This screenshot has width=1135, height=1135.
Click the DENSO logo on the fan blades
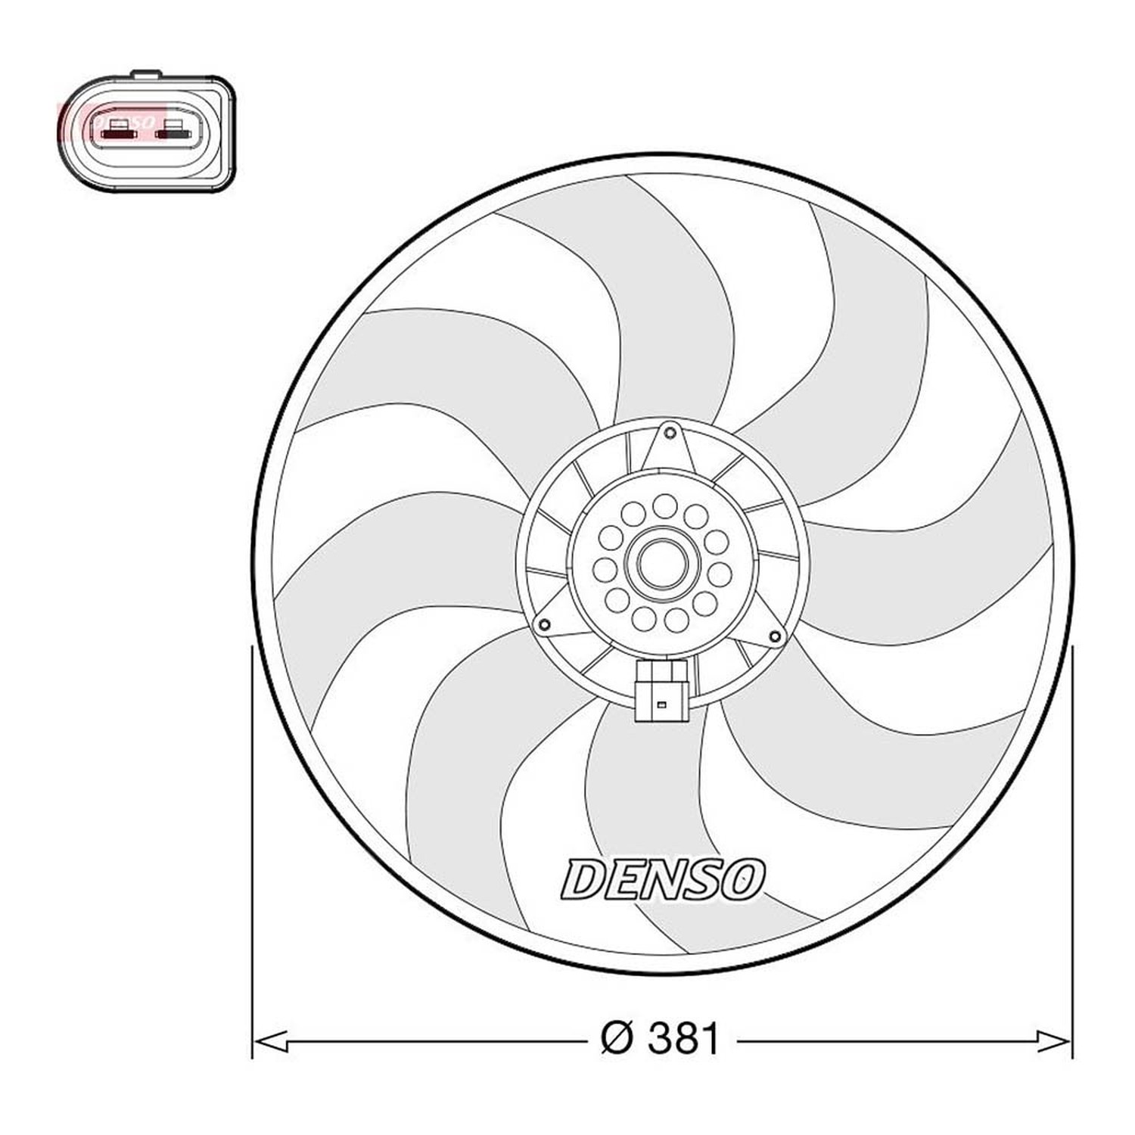coord(663,879)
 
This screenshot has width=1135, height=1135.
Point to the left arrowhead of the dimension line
coord(270,1041)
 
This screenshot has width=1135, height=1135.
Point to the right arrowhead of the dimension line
coord(1053,1041)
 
